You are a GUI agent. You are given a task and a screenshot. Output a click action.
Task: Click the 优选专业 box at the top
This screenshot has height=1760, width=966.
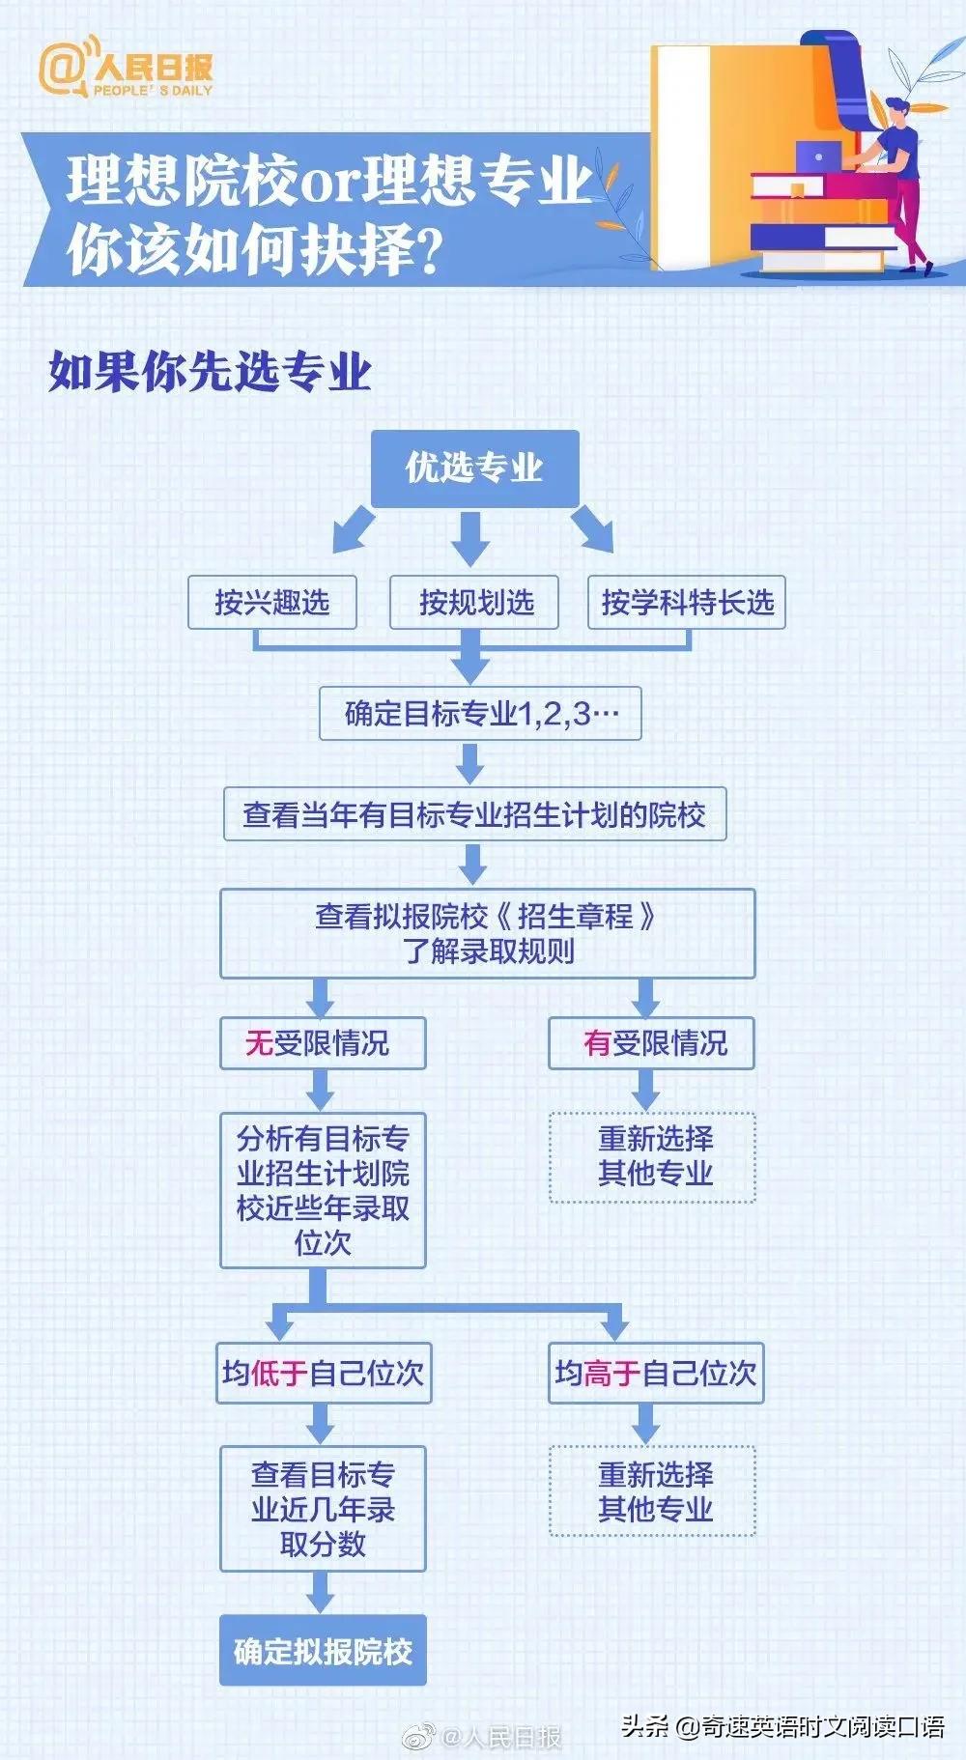474,468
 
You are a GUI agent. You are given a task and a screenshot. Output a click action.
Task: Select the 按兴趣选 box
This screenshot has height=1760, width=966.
272,603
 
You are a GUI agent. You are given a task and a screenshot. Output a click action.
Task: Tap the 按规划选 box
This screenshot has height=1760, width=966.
475,603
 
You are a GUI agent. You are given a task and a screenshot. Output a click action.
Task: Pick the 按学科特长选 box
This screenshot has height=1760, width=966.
687,603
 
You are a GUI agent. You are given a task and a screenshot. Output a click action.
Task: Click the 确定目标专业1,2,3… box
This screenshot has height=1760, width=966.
480,714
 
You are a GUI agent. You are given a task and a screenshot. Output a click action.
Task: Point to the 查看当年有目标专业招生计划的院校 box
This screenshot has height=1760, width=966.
474,814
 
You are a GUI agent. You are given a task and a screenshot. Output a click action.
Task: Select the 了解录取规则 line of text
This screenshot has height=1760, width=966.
488,951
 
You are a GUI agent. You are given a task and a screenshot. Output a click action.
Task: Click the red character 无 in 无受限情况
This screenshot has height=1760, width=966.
259,1043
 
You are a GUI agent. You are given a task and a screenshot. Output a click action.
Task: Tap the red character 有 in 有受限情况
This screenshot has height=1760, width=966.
597,1043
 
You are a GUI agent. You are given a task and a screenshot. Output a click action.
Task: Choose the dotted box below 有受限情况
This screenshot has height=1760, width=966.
652,1156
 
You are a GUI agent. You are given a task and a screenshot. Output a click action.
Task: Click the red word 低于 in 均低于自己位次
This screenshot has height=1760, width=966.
279,1373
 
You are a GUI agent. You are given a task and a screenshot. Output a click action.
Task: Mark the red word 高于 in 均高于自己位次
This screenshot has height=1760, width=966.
611,1373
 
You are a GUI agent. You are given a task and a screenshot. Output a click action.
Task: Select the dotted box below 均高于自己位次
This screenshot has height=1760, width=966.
652,1490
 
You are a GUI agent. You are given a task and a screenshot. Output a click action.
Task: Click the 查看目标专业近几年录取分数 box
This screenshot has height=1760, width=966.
323,1508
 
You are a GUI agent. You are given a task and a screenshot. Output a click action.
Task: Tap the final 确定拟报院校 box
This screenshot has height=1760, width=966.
323,1650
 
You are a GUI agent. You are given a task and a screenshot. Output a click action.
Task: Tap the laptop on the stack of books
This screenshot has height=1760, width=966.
819,156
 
